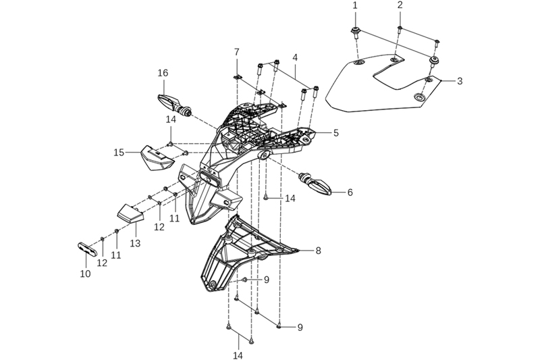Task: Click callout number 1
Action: [x=354, y=5]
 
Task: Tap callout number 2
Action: [x=400, y=5]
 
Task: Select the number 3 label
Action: [x=459, y=81]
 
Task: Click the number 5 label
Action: [x=335, y=133]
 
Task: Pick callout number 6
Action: [x=350, y=192]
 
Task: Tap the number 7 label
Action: [x=237, y=52]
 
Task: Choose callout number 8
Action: [x=318, y=251]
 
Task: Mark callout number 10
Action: [x=85, y=274]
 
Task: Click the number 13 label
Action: [x=135, y=242]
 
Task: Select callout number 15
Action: [x=118, y=153]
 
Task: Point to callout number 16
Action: [x=163, y=73]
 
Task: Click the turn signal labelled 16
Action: [x=174, y=103]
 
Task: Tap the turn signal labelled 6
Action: [x=317, y=182]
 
